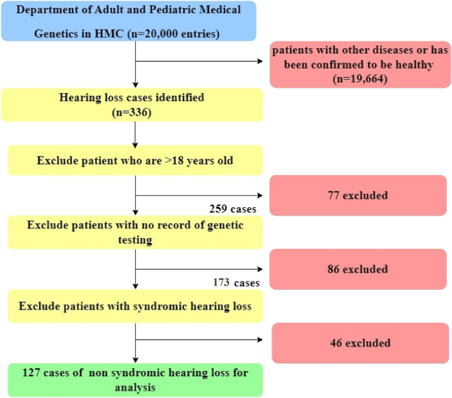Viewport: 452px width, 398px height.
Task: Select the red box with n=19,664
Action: coord(358,63)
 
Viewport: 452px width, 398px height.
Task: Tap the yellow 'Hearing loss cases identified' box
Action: coord(135,105)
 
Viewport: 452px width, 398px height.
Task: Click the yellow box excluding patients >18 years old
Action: coord(135,160)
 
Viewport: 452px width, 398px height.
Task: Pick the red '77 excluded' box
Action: coord(358,195)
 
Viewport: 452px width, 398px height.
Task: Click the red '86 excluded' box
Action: coord(358,269)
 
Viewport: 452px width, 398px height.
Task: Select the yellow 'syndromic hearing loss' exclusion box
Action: coord(135,306)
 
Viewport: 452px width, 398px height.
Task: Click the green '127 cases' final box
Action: coord(135,380)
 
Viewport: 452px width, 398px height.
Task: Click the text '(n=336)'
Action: coord(135,112)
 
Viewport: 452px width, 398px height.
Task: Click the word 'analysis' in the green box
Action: coord(135,387)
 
